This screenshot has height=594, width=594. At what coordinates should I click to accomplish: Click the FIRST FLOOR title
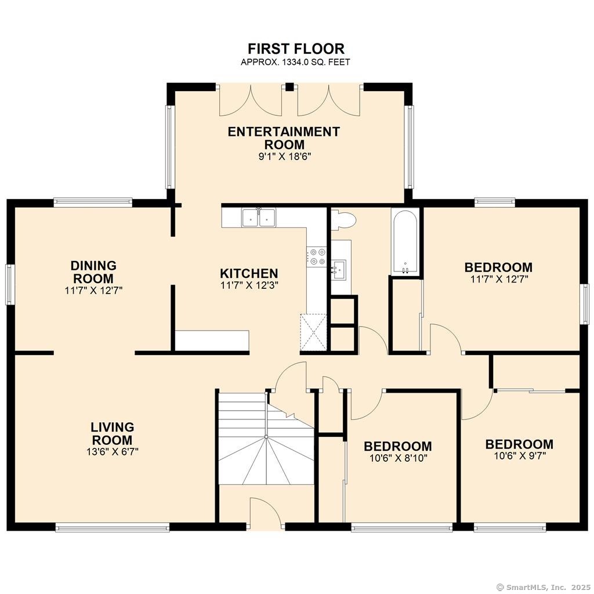point(296,49)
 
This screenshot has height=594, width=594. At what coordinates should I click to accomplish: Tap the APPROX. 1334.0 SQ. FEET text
point(295,62)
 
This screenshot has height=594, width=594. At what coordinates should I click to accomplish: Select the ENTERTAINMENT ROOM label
point(284,138)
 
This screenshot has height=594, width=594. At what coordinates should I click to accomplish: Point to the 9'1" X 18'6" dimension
point(284,157)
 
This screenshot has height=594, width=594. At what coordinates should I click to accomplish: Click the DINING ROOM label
point(93,272)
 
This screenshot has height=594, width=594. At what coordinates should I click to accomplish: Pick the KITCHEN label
point(249,273)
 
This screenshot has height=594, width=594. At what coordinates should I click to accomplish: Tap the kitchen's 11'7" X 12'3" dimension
point(249,285)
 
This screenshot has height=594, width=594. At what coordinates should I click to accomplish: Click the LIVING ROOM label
point(112,433)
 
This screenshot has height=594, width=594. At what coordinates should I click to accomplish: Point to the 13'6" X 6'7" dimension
point(112,451)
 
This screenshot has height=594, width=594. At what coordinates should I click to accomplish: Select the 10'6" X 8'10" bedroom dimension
point(398,458)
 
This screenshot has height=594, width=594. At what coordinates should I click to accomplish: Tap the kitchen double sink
point(259,218)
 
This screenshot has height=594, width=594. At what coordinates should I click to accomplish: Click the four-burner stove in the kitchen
point(317,256)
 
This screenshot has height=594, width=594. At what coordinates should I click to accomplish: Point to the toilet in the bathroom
point(343,220)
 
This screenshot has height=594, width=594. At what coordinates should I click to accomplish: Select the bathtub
point(405,242)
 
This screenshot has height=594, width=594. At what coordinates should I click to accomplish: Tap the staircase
point(266,439)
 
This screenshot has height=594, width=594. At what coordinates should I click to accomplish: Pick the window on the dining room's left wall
point(10,284)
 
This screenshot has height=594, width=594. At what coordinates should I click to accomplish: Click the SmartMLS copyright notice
point(544,587)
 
